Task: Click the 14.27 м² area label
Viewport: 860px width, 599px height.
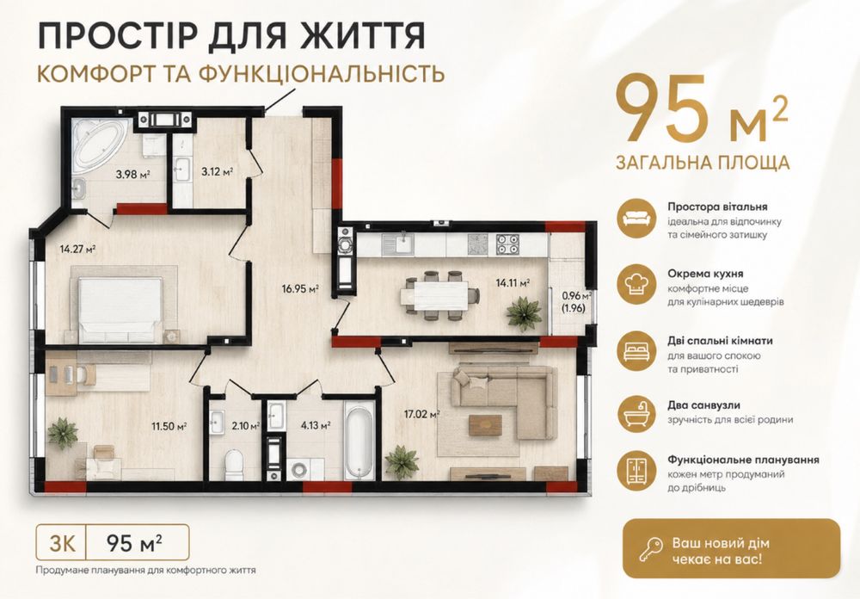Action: pos(78,249)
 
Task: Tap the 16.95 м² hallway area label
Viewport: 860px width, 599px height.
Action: pos(300,288)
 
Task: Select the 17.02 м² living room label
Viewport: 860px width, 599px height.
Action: pos(422,414)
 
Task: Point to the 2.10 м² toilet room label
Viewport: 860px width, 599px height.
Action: pos(246,425)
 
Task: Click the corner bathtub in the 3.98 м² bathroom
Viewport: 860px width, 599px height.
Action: pos(101,144)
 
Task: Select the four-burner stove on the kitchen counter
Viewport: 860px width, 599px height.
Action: pos(507,244)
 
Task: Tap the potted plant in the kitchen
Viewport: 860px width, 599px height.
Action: pos(524,313)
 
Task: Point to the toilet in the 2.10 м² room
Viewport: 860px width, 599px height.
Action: pos(234,465)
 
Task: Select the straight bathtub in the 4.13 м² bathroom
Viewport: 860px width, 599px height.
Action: pos(359,440)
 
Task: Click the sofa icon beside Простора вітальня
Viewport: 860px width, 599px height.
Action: pos(636,219)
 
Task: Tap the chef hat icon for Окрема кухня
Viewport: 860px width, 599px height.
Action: pos(636,285)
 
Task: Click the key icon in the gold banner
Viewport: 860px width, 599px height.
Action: pos(650,550)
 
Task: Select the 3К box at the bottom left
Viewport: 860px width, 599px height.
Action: pos(62,542)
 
